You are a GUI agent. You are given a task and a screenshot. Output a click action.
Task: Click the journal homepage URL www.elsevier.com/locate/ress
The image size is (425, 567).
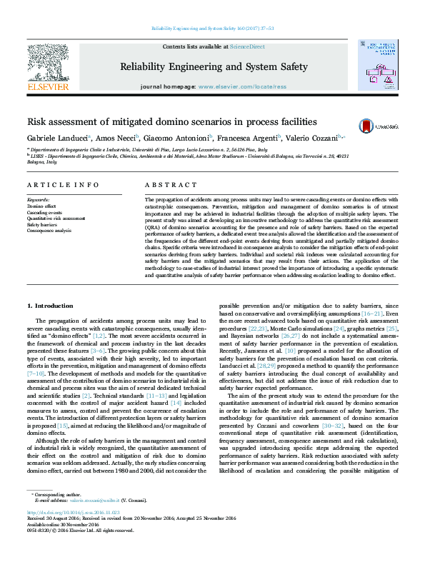pos(242,86)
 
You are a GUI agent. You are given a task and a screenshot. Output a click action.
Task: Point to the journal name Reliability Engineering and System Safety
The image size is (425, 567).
pos(214,67)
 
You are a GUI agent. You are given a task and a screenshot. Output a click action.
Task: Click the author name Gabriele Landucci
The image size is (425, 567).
pos(58,138)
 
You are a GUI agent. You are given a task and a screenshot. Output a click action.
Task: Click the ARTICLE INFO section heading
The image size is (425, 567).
pos(64,185)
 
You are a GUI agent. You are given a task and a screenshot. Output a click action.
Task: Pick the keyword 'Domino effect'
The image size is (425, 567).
pos(40,206)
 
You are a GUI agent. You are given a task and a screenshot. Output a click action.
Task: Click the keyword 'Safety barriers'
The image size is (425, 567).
pos(41,224)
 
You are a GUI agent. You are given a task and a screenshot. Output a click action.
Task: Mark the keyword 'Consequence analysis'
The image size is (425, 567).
pos(49,231)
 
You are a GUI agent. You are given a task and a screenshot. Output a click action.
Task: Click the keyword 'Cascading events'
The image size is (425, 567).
pos(44,212)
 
